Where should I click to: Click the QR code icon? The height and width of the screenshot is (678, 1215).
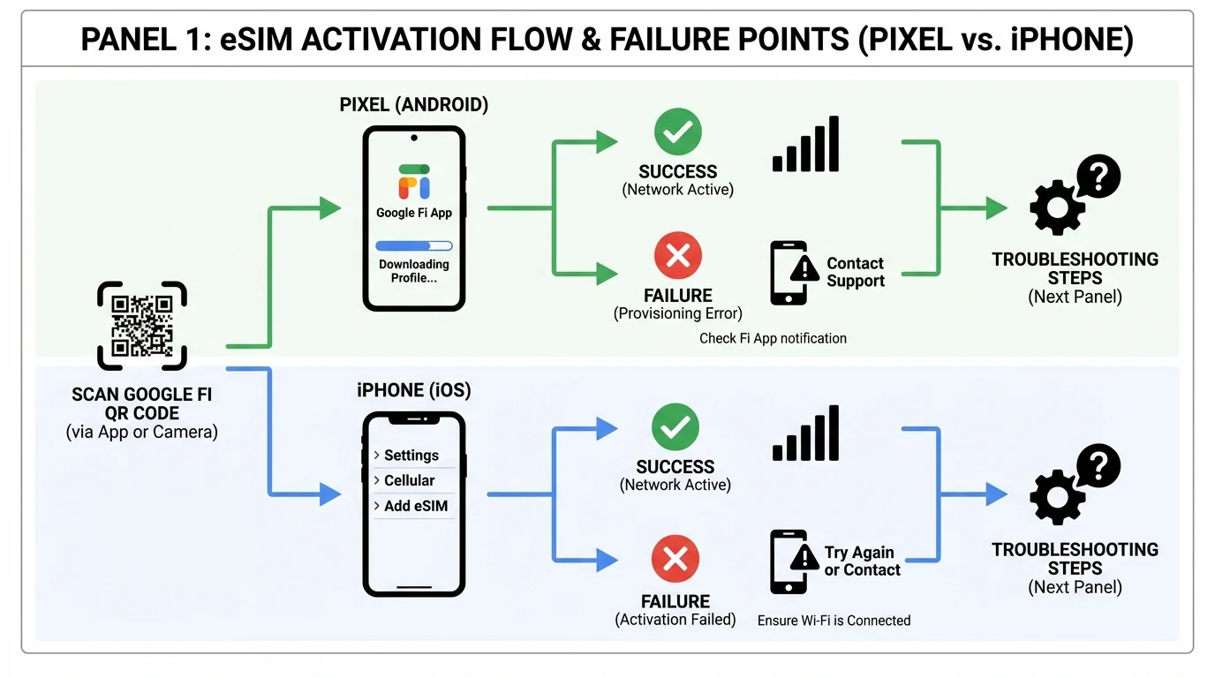(141, 326)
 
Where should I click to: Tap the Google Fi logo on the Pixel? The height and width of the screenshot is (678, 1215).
(414, 182)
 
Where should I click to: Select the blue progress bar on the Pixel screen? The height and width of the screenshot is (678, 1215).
(413, 246)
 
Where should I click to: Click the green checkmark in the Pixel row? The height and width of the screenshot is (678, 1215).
(677, 132)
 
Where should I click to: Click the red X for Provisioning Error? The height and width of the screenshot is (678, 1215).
(677, 256)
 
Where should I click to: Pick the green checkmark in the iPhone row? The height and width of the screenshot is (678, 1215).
(675, 428)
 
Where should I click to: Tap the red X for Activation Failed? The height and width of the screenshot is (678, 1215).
(675, 560)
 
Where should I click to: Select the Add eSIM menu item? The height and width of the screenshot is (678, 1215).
(412, 507)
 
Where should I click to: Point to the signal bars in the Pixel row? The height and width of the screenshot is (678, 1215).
(805, 145)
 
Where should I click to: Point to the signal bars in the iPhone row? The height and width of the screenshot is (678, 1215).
(805, 434)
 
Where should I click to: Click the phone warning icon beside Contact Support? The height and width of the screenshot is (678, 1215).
(790, 273)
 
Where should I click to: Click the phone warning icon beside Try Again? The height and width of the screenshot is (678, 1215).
(790, 561)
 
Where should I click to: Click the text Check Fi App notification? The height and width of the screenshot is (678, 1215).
(773, 338)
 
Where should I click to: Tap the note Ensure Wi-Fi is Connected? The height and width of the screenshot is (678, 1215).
(834, 621)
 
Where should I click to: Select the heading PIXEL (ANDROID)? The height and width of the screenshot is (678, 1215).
(414, 105)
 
